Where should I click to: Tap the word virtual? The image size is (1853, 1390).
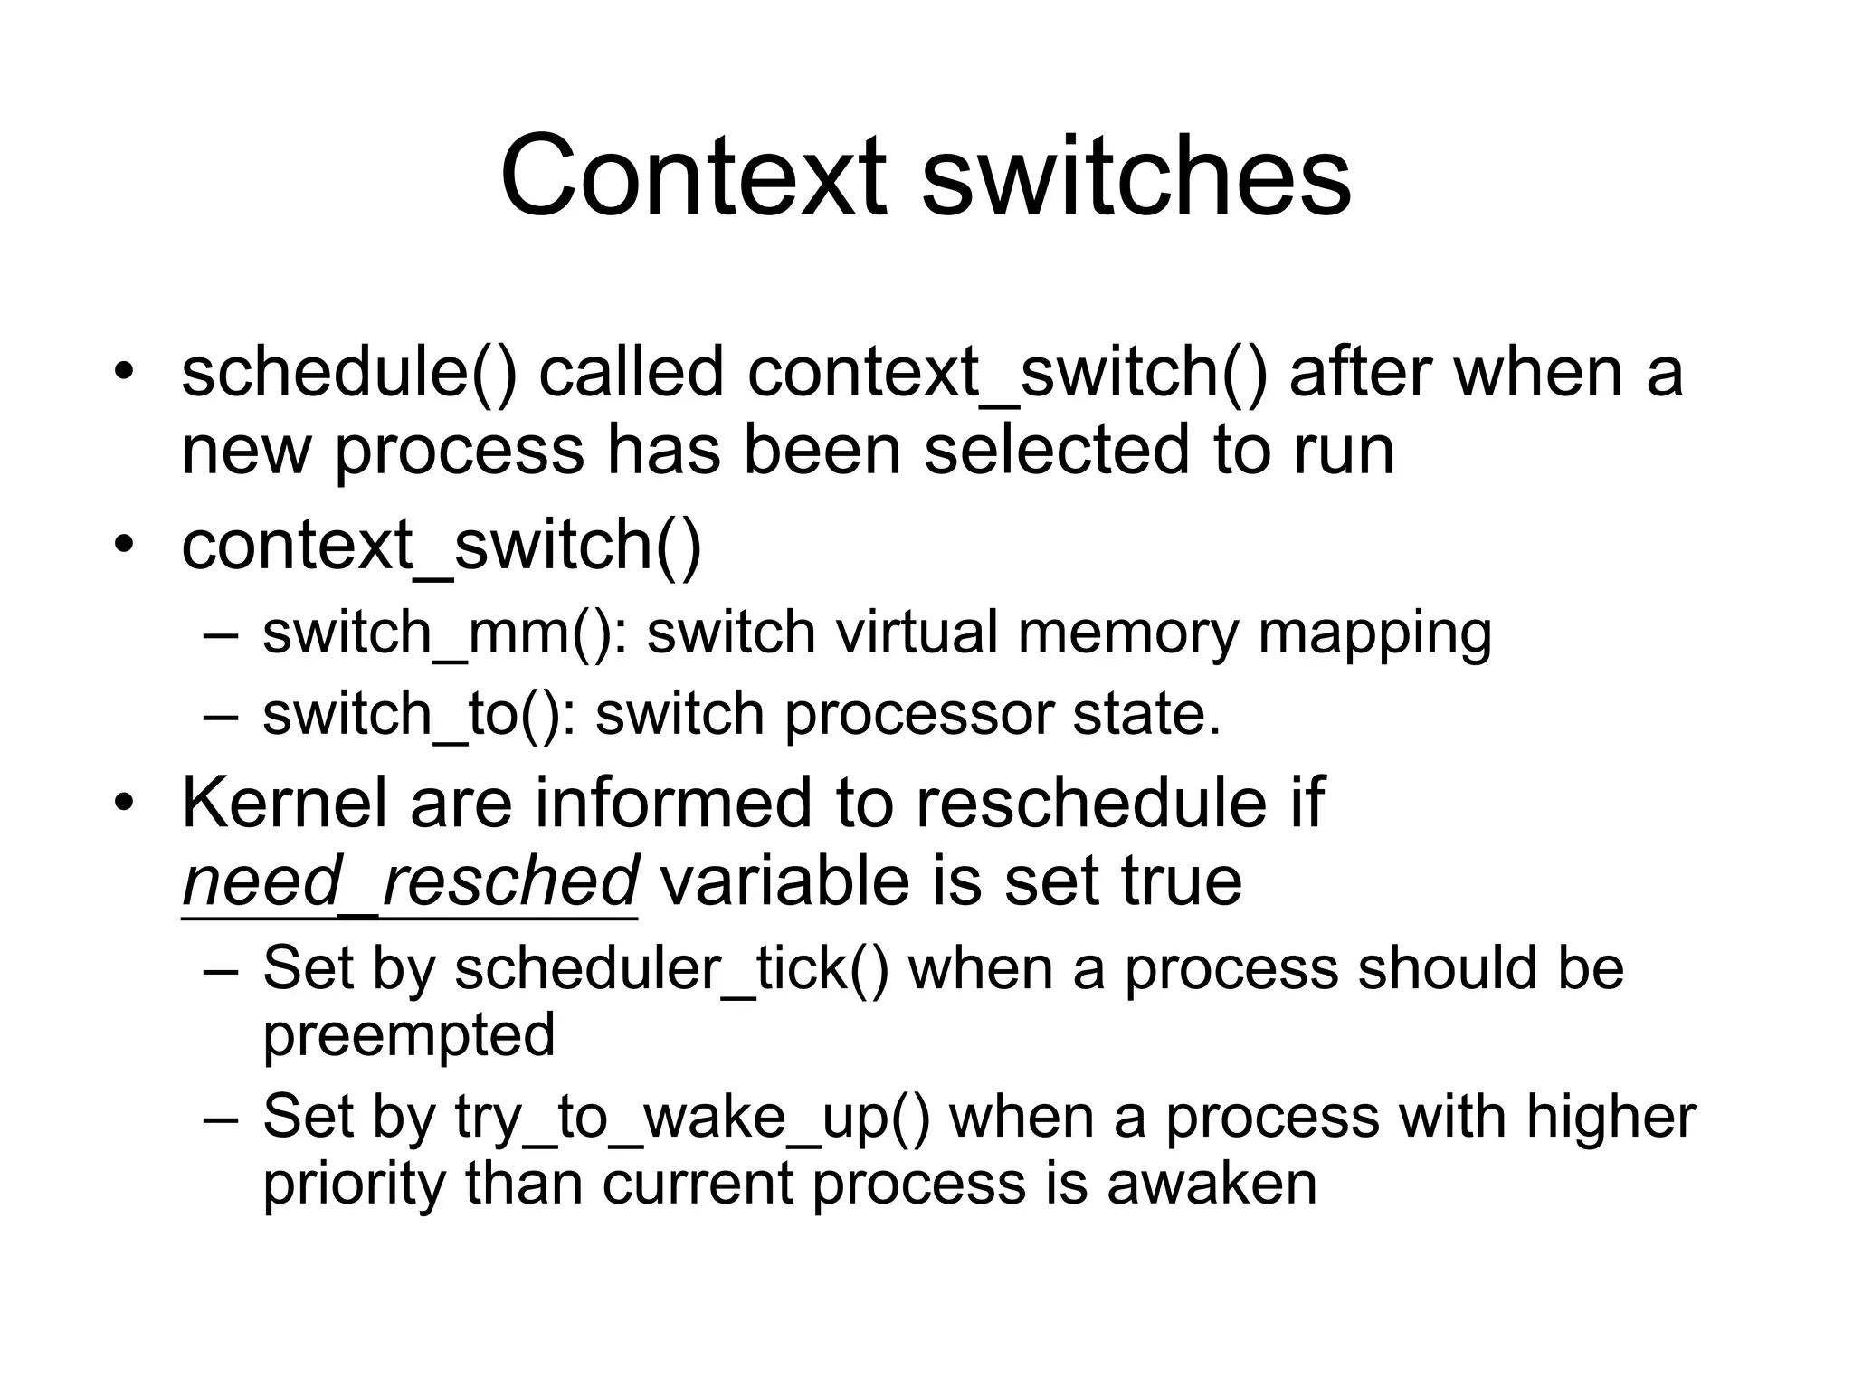(916, 633)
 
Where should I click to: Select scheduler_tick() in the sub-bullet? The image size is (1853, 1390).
(671, 969)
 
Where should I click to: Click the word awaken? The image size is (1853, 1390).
(1212, 1184)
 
